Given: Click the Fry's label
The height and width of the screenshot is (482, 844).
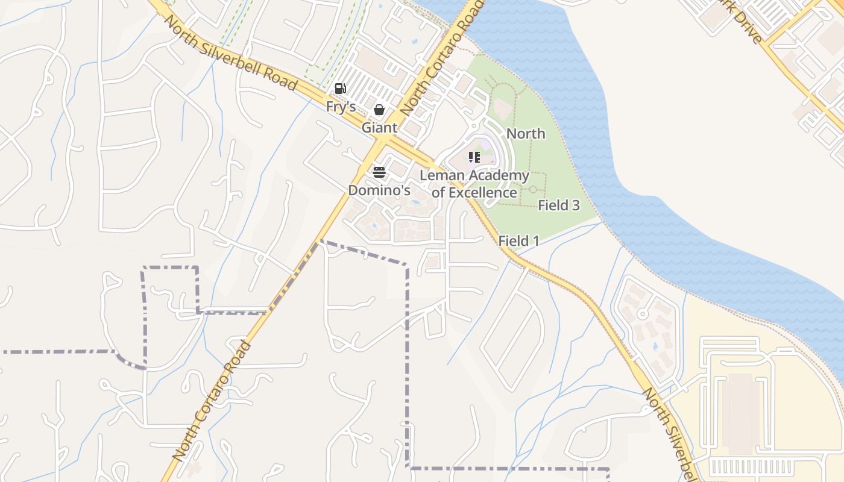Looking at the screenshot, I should tap(341, 107).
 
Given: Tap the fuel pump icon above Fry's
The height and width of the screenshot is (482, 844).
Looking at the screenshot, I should tap(341, 89).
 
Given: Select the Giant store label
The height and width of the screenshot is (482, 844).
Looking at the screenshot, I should tap(379, 128).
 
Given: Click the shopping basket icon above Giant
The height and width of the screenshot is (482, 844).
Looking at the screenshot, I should tap(379, 110).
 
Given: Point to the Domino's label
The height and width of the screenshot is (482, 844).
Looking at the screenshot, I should tap(379, 190).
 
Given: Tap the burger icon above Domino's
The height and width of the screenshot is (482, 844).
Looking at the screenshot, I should tap(379, 172).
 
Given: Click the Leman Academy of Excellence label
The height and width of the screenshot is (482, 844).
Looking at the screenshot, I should tap(474, 184).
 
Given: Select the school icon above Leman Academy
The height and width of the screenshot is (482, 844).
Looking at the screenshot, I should tap(474, 157).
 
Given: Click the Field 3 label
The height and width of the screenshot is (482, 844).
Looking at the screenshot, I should tap(558, 205).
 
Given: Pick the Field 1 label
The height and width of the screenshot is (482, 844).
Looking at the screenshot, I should tap(518, 241).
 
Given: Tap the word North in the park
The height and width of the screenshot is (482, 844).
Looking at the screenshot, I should tap(526, 134).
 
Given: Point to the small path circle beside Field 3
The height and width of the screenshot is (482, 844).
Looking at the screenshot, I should tap(532, 189).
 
